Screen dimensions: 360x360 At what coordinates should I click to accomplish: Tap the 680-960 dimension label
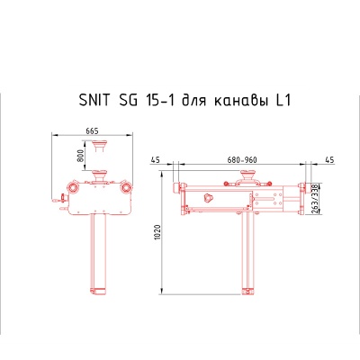point(241,159)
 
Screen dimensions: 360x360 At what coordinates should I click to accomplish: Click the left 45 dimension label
point(156,159)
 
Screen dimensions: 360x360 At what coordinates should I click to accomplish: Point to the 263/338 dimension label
point(313,203)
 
